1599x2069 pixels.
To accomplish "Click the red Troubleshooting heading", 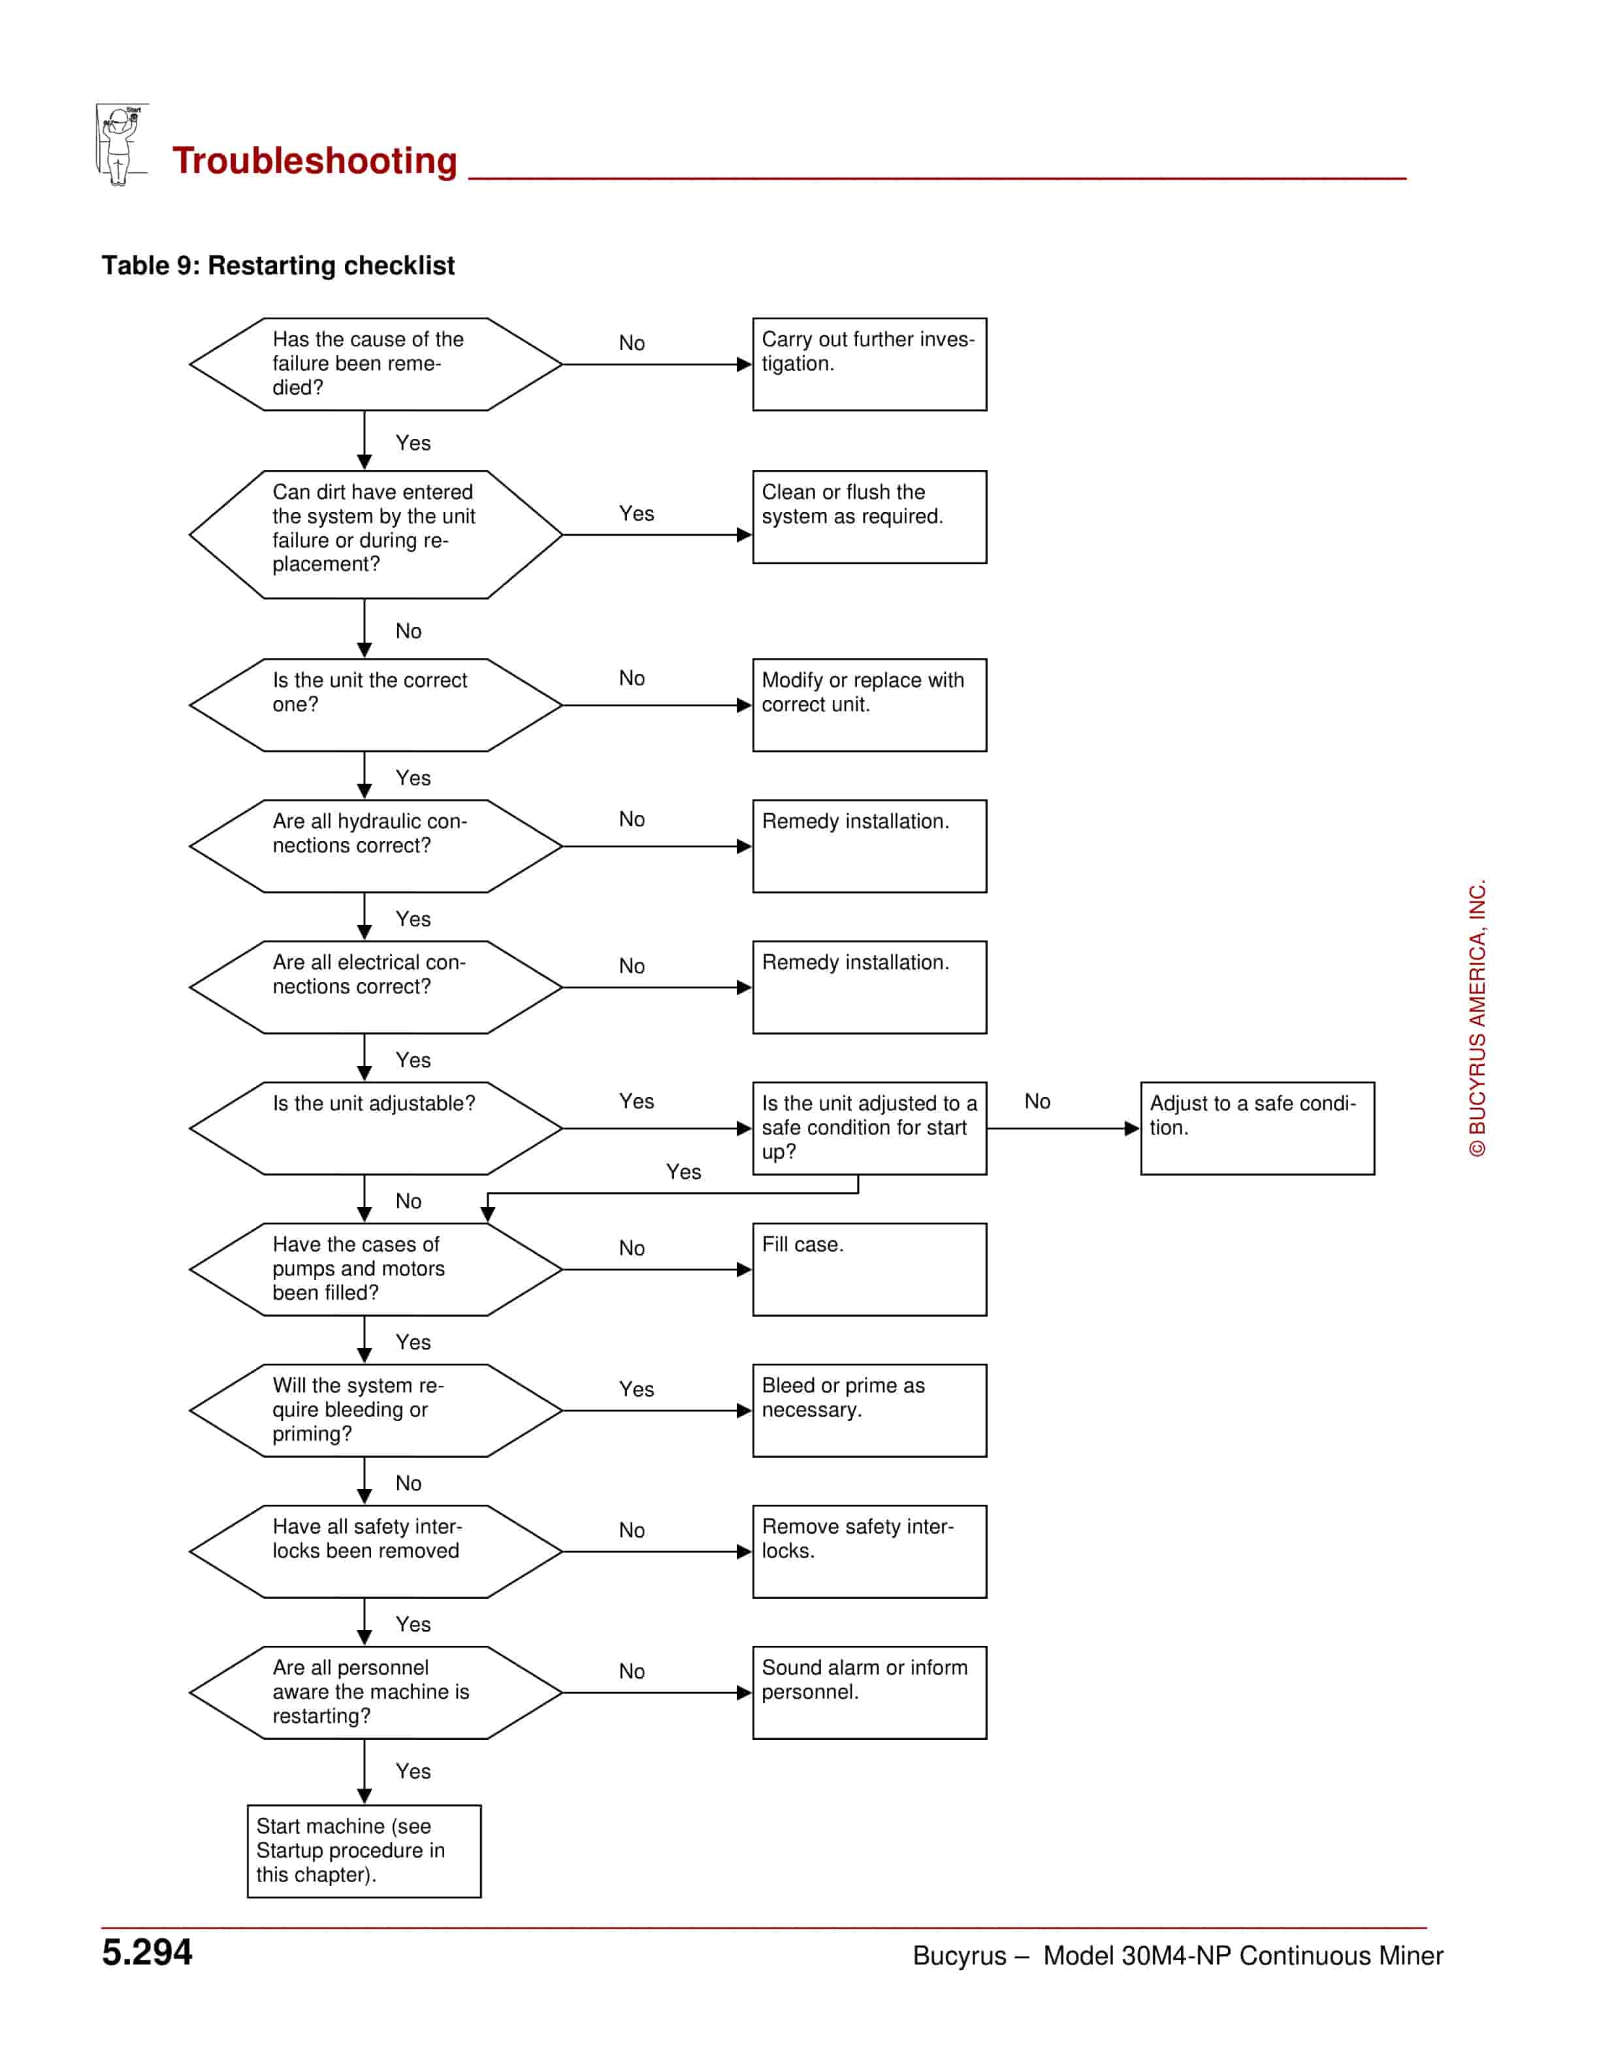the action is point(314,161).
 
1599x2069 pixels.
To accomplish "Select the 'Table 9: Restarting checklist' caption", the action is point(278,265).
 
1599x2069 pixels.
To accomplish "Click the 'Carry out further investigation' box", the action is point(869,364).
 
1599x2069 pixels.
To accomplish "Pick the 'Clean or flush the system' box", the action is point(869,517).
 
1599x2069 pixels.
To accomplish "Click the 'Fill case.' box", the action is point(869,1270).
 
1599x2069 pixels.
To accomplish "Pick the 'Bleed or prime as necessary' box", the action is point(869,1411).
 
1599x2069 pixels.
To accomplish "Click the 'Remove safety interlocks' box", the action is point(869,1552).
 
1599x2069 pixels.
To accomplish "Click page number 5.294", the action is point(147,1953).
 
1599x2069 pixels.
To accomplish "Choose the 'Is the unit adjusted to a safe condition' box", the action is point(869,1129).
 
